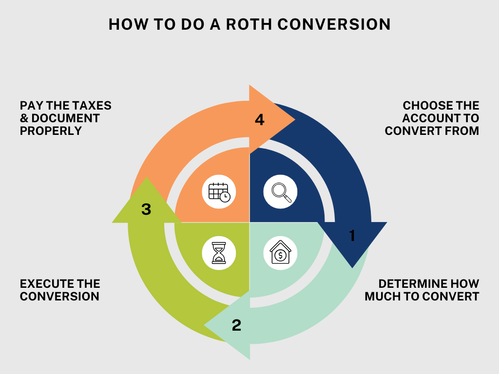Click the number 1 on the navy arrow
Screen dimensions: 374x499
click(x=352, y=236)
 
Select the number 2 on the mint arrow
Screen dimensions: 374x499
click(x=236, y=325)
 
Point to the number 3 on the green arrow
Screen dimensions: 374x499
click(x=146, y=209)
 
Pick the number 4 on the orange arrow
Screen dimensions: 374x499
click(x=260, y=120)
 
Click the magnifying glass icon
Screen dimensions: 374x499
click(x=281, y=192)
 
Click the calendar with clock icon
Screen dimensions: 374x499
click(x=219, y=192)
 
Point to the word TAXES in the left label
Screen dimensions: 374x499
click(x=93, y=106)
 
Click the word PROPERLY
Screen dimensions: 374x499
click(x=51, y=131)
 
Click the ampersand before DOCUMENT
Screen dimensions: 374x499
click(x=24, y=118)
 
